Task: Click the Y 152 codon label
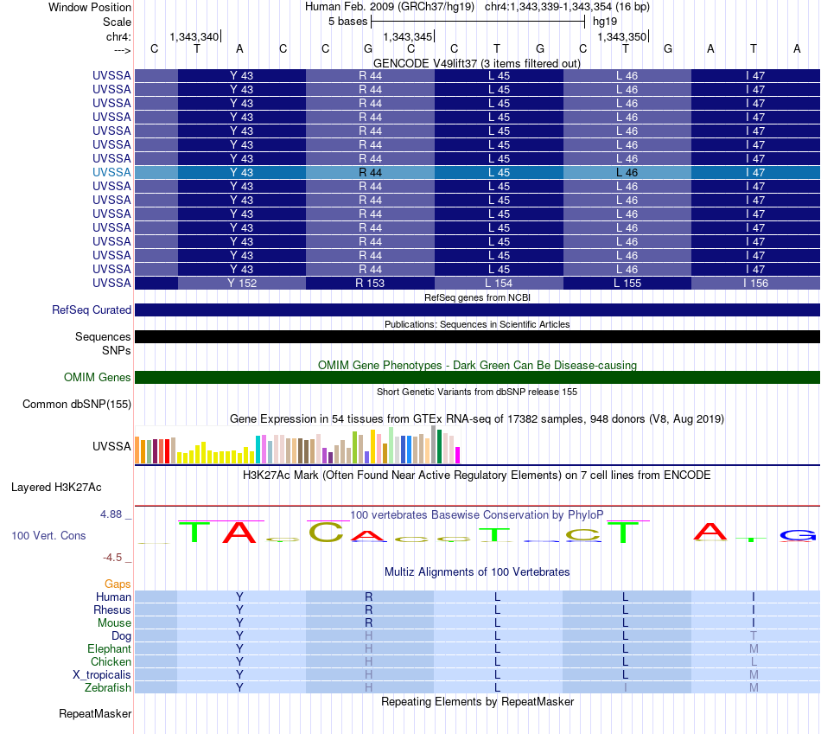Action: tap(242, 284)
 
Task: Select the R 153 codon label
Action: tap(370, 284)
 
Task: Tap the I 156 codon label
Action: tap(755, 284)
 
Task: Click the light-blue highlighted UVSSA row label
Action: tap(111, 172)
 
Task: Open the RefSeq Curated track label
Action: tap(92, 310)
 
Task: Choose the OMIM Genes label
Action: tap(98, 377)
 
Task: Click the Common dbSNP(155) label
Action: tap(77, 405)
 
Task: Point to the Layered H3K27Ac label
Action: tap(56, 488)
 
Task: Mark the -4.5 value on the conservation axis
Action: tap(112, 558)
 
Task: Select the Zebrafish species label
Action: tap(108, 688)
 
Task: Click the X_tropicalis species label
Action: tap(102, 675)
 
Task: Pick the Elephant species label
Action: tap(109, 649)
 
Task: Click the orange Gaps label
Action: tap(118, 584)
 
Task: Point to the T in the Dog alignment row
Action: tap(754, 636)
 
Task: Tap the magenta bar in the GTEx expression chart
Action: tap(458, 456)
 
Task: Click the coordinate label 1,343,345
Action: tap(408, 36)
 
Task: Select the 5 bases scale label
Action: tap(348, 22)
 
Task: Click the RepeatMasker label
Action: tap(95, 714)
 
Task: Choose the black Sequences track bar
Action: tap(477, 337)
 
